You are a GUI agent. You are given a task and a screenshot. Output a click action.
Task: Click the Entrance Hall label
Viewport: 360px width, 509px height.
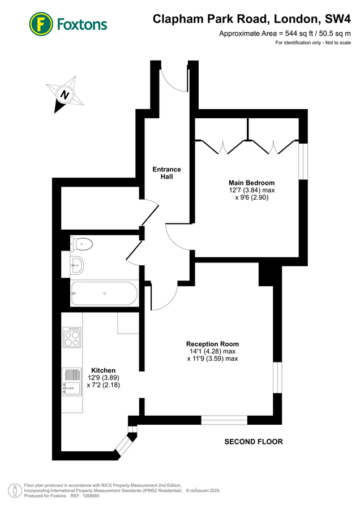[x=166, y=173]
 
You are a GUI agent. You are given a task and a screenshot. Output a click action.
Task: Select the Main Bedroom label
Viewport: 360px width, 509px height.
[x=251, y=183]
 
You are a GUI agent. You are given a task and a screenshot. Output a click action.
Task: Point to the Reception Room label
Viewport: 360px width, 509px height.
[x=212, y=344]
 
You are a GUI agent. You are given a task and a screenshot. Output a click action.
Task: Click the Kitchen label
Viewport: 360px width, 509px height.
[x=102, y=370]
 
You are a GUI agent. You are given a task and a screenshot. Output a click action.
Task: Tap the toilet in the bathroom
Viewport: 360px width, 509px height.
[x=80, y=244]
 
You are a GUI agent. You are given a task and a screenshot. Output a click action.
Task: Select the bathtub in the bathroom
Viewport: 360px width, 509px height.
[x=104, y=293]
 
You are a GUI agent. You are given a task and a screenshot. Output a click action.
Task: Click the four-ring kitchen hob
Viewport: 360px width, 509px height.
[x=72, y=338]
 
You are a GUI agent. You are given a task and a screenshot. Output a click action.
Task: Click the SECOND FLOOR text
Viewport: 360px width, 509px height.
[x=253, y=442]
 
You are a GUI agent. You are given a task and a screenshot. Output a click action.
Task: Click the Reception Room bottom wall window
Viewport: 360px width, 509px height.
[x=224, y=420]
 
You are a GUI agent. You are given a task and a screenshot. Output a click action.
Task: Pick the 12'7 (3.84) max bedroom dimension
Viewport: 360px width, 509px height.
[x=251, y=191]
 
